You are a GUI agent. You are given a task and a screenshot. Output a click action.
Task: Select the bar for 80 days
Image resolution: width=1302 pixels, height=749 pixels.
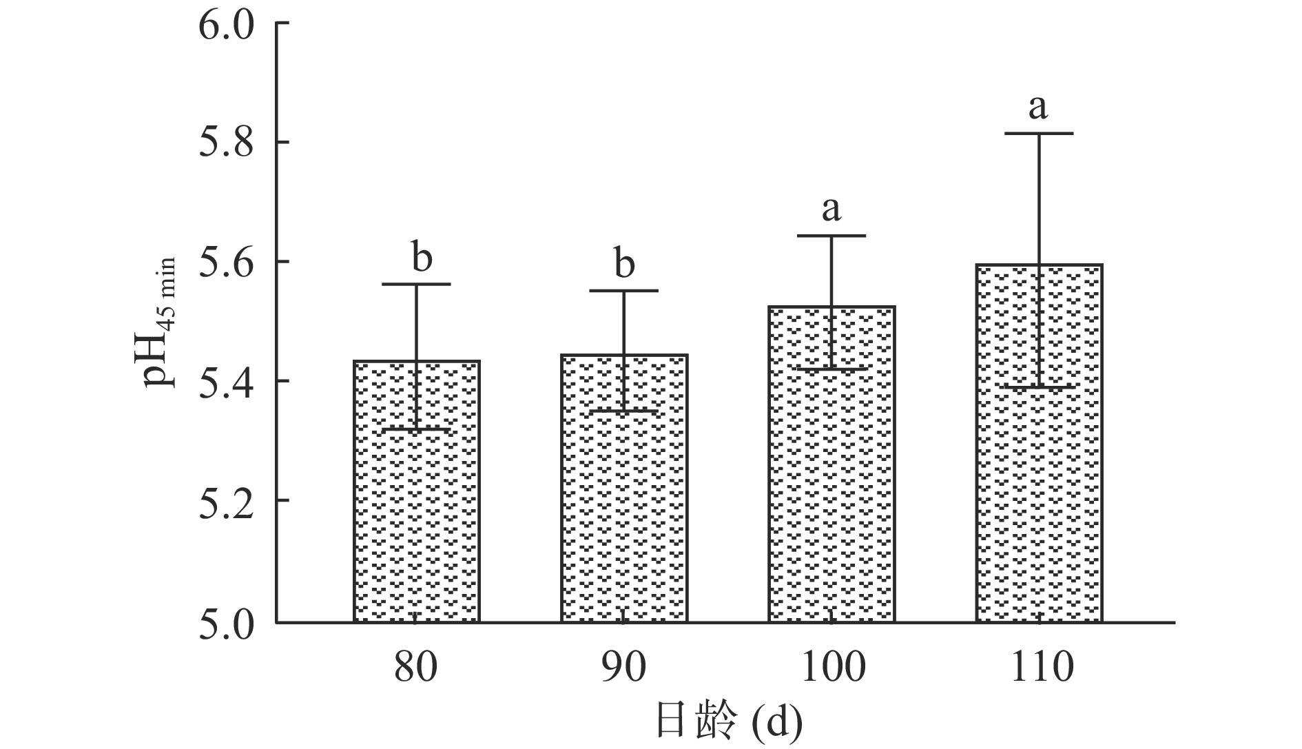coord(417,491)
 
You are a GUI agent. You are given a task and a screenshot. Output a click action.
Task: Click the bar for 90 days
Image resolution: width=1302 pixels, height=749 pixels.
coord(624,488)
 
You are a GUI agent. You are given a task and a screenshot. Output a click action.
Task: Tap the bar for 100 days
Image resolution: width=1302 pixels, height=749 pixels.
coord(831,464)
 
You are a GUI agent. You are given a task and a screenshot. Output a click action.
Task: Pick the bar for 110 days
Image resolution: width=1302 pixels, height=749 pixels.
coord(1039,442)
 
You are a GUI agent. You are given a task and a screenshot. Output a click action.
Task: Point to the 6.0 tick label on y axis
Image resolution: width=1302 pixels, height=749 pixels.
coord(227,24)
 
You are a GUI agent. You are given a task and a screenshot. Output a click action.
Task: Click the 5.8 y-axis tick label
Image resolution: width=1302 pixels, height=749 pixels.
coord(227,143)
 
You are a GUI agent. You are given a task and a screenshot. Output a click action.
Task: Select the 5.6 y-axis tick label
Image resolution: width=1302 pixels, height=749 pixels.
coord(227,263)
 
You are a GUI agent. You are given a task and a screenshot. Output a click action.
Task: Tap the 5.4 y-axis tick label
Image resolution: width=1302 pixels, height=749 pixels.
coord(227,381)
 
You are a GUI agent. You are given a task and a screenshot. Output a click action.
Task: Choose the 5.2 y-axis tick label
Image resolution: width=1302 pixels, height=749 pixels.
coord(227,501)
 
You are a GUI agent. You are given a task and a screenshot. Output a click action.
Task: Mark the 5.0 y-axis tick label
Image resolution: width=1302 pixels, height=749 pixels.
coord(227,622)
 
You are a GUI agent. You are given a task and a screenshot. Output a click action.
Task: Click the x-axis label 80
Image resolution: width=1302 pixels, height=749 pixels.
coord(415,666)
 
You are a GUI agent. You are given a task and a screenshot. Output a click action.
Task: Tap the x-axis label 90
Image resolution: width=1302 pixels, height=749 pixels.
coord(623,666)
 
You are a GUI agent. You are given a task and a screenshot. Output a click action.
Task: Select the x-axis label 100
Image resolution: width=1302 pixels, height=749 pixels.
coord(831,666)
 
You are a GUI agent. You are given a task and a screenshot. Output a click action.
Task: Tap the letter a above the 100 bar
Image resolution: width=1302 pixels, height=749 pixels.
coord(831,208)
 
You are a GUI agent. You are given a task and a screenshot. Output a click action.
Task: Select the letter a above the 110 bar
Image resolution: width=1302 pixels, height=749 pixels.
coord(1038,107)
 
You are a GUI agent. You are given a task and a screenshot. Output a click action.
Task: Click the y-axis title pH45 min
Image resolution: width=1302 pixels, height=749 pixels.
coord(160,322)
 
